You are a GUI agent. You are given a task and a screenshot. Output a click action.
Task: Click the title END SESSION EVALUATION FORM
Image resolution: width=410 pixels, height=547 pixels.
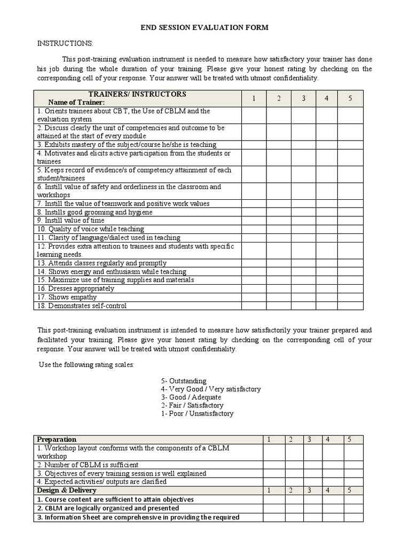[204, 27]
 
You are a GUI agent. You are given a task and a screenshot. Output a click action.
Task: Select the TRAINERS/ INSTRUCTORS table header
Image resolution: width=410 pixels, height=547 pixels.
[137, 94]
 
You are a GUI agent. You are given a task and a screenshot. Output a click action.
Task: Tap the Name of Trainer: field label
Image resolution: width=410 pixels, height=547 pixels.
[76, 102]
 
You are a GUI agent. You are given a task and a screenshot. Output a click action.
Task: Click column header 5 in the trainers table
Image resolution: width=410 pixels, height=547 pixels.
[350, 98]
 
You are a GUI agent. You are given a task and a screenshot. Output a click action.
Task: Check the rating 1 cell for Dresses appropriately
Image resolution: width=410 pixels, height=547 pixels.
[254, 288]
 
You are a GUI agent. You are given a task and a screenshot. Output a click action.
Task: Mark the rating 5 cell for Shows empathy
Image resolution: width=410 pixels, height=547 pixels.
[350, 297]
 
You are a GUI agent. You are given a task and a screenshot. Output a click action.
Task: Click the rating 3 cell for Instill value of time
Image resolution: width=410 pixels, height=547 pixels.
[303, 220]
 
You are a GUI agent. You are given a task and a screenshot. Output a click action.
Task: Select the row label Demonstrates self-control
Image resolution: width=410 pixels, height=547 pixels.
[88, 306]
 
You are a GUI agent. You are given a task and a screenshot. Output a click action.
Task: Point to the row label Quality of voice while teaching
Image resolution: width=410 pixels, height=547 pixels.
[91, 229]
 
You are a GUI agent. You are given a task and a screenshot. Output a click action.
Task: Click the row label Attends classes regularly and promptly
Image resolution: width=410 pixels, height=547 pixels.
[101, 263]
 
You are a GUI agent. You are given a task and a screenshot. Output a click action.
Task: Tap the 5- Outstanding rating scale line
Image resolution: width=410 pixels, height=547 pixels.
[183, 381]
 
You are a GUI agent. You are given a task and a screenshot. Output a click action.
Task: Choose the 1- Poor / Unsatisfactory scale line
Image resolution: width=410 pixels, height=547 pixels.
[197, 413]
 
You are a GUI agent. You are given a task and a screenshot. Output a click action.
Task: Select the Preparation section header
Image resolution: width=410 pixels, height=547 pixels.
[57, 439]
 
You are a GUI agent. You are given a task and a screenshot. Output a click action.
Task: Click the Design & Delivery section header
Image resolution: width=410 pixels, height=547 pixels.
[66, 490]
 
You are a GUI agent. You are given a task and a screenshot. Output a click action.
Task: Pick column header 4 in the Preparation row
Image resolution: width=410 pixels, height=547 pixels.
[328, 439]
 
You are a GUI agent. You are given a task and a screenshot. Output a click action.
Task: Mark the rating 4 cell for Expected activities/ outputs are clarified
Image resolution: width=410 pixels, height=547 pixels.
[328, 481]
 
